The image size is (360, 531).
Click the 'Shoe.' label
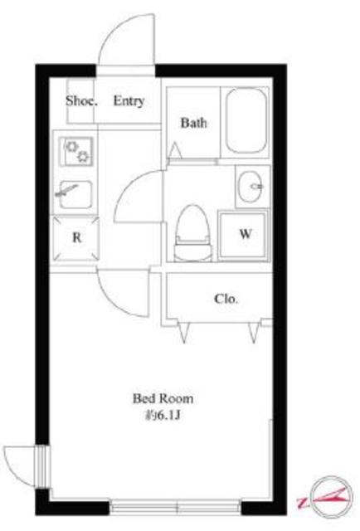[x=81, y=100]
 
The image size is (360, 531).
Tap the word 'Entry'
[x=129, y=100]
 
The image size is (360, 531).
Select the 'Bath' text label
[x=193, y=123]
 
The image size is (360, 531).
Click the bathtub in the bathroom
[x=246, y=120]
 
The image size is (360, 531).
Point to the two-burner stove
[x=77, y=151]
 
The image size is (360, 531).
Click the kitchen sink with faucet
[x=75, y=194]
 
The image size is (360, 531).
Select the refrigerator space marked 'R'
[x=76, y=238]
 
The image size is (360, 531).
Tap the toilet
[x=192, y=233]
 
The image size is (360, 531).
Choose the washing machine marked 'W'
[x=244, y=235]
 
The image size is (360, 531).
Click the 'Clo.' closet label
[x=226, y=299]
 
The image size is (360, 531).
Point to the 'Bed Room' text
[x=163, y=398]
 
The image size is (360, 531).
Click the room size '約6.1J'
[x=163, y=415]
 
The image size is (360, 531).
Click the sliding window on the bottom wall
[x=175, y=508]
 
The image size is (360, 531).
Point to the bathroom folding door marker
[x=176, y=151]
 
